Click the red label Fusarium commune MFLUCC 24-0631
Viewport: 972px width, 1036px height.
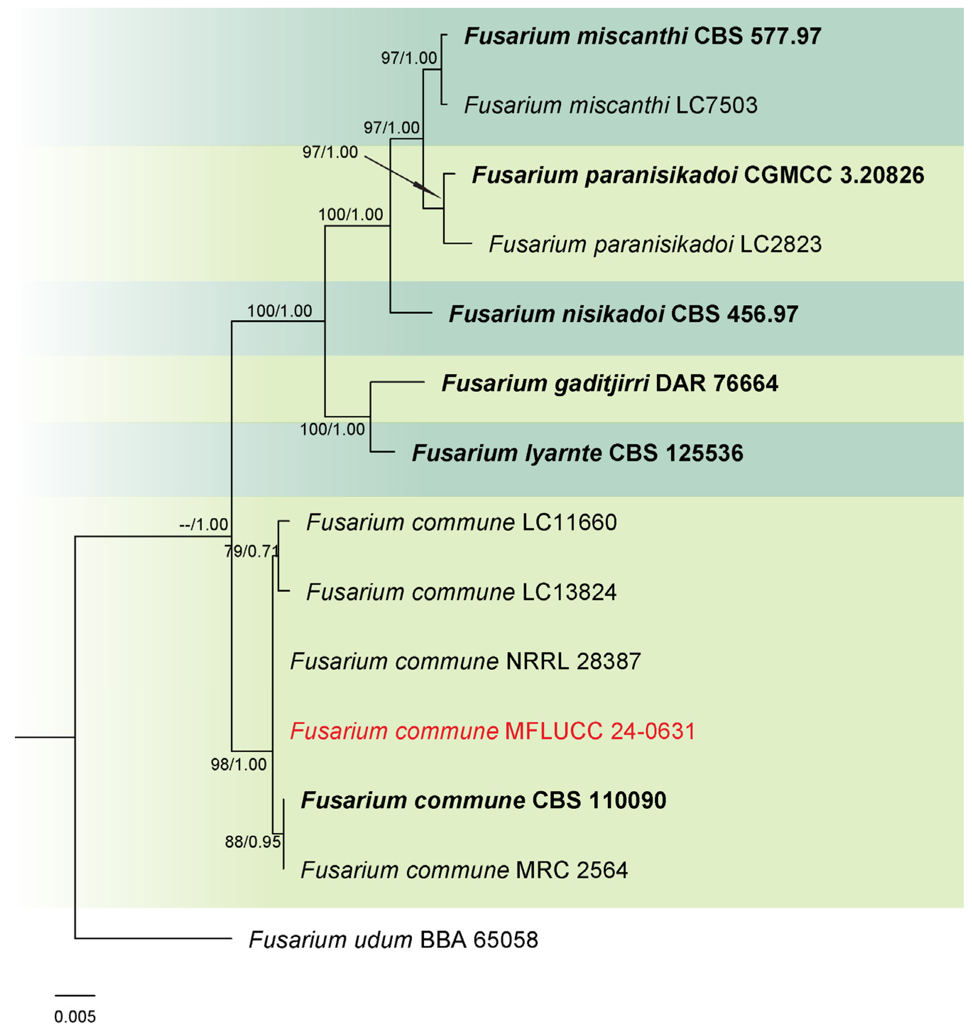point(493,731)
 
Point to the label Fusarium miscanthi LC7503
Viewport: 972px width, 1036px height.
point(610,106)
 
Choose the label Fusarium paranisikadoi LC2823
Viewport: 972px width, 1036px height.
point(655,245)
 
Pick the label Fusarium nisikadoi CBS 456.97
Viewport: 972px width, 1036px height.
point(623,314)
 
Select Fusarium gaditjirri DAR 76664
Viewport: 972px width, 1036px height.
point(609,384)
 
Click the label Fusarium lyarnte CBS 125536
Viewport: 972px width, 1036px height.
point(577,453)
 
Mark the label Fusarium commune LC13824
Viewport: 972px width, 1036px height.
point(461,592)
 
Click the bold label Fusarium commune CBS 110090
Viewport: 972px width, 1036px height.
point(483,800)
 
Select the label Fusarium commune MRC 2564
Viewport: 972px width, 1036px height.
point(464,870)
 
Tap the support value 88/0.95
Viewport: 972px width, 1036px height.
point(253,842)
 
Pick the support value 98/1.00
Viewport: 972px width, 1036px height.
point(238,764)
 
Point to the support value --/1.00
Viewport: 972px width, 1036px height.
point(203,524)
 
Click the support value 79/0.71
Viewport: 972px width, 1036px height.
point(252,551)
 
